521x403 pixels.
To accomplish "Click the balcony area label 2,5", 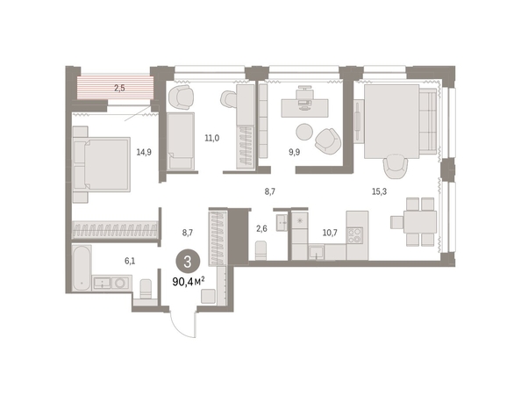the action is pos(119,88).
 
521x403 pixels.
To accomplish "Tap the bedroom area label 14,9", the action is pos(144,152).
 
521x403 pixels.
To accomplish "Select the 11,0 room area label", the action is pos(212,138).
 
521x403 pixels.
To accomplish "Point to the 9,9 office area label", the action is pos(294,152).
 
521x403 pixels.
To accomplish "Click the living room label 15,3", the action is pos(379,191).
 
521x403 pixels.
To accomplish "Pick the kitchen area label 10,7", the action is pos(330,233).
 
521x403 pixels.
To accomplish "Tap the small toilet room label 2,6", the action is pos(262,228).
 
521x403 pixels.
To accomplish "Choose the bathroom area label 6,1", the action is pos(130,261).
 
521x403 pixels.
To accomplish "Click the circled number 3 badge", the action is pos(188,262).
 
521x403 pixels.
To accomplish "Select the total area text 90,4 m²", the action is pos(189,282).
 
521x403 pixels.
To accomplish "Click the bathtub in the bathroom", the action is pos(82,268).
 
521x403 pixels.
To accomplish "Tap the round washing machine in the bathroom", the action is pos(119,283).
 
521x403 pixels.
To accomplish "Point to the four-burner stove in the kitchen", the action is pos(354,235).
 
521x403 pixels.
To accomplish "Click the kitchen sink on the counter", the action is pos(317,252).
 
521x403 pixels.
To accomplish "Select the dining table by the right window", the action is pos(420,222).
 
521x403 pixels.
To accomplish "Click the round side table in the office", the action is pos(304,132).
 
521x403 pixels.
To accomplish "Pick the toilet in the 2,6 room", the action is pos(260,251).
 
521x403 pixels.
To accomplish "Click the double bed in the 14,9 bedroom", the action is pos(102,164).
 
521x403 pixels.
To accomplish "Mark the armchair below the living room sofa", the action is pos(396,166).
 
